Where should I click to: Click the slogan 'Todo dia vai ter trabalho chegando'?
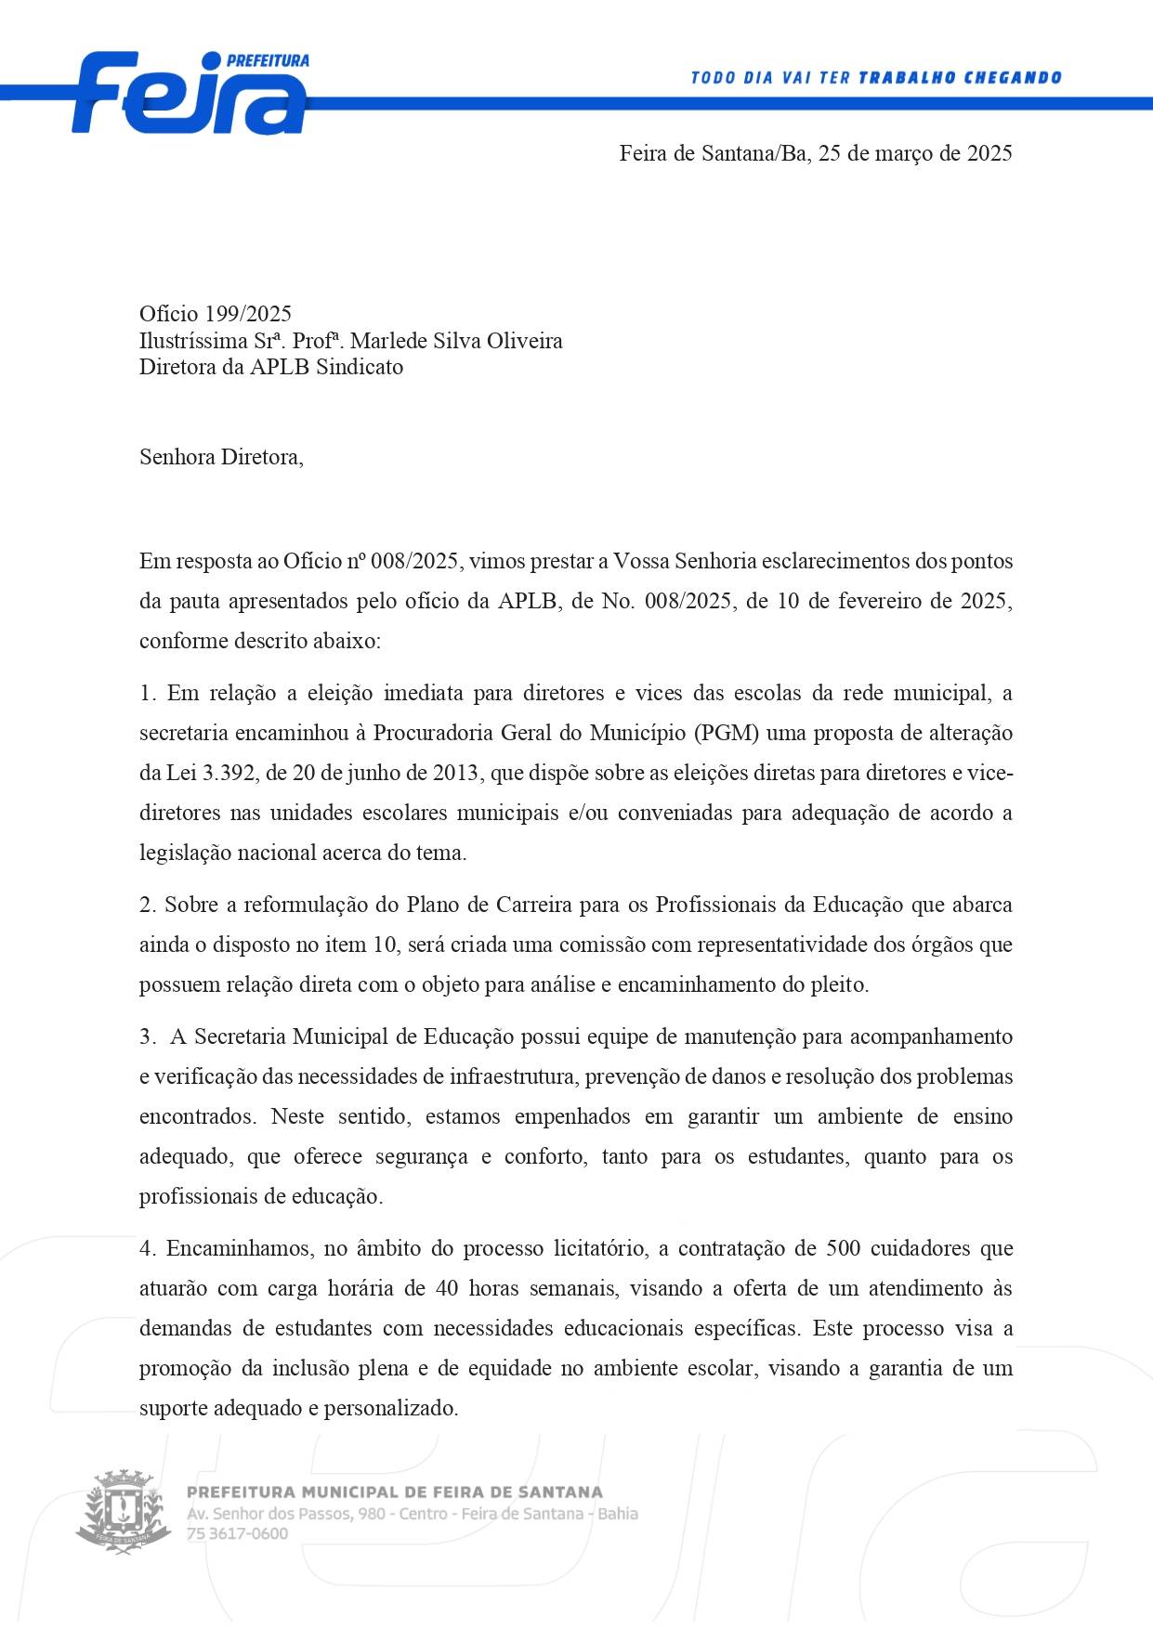pyautogui.click(x=875, y=78)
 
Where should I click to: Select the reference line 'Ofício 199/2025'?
pyautogui.click(x=216, y=314)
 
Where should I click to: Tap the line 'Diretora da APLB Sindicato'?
pyautogui.click(x=271, y=367)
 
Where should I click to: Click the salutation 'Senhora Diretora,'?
pyautogui.click(x=221, y=457)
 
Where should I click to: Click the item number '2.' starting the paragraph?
pyautogui.click(x=148, y=905)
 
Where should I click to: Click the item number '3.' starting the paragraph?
pyautogui.click(x=148, y=1036)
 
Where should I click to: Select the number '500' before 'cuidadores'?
pyautogui.click(x=843, y=1248)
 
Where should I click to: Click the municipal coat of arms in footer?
pyautogui.click(x=124, y=1512)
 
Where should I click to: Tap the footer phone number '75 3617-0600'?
pyautogui.click(x=238, y=1533)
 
